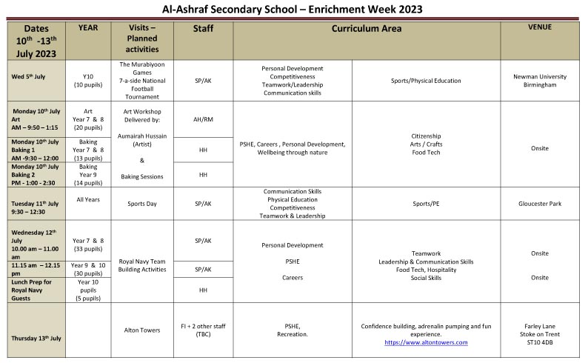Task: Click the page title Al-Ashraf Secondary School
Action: coord(294,9)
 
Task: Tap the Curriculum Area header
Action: coord(367,29)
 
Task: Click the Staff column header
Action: coord(203,29)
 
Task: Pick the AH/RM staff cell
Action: coord(203,119)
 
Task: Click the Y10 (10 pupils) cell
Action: coord(88,81)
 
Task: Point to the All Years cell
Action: coord(88,199)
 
